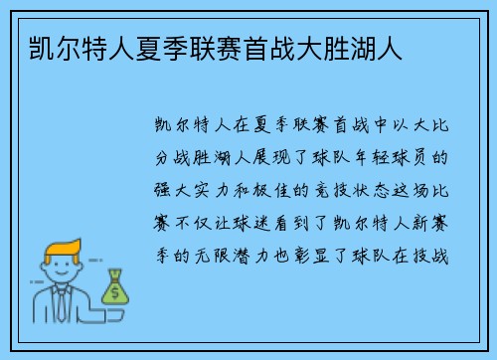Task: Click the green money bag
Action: (116, 287)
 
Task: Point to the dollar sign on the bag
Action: (116, 292)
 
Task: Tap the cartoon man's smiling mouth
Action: (62, 278)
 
